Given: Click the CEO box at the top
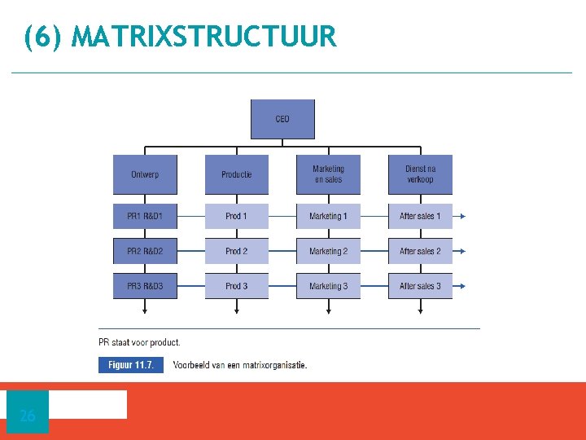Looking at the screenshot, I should tap(282, 119).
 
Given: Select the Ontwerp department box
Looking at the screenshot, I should tap(145, 174).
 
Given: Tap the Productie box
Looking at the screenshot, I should tap(236, 174).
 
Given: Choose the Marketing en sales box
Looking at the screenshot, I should tap(328, 174).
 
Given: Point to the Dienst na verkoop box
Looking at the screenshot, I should tap(420, 174).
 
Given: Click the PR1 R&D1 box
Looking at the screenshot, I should tap(145, 216).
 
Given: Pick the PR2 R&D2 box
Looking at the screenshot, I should tap(145, 251).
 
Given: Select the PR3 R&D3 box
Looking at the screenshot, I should tap(145, 286).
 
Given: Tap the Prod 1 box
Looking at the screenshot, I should tap(236, 216).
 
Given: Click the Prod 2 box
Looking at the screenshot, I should tap(236, 251).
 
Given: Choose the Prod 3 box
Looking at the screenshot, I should tap(236, 286).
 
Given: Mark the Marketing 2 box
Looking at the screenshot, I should tap(328, 251).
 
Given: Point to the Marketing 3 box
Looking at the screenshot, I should tap(328, 286).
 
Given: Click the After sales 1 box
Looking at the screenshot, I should tap(420, 216).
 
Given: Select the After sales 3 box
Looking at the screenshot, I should tap(420, 286).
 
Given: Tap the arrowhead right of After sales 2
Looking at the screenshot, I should tap(462, 251).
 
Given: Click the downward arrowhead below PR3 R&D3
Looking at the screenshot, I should tap(145, 310).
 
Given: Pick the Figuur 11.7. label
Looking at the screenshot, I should tap(131, 365).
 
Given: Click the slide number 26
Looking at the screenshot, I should tap(28, 416).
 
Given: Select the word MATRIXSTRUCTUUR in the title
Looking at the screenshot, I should tap(203, 37).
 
